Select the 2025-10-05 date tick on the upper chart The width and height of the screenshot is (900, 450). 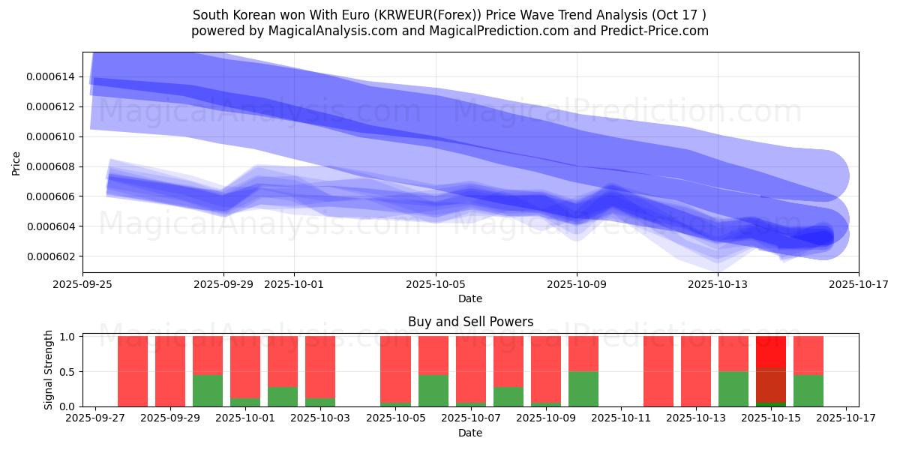(436, 285)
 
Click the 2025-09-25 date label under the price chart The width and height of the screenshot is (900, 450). (82, 285)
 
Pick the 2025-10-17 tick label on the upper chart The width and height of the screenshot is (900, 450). (859, 285)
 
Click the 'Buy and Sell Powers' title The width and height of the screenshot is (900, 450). (470, 322)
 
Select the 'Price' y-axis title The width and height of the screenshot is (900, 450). (16, 162)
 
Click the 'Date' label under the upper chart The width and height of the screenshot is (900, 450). (470, 298)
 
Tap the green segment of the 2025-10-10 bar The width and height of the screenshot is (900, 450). (583, 388)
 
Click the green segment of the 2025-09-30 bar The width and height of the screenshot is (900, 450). (208, 390)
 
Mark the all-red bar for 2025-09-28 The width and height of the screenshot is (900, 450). (133, 371)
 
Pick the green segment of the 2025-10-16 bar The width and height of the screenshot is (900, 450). (808, 390)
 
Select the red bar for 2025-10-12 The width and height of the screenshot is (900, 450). (658, 371)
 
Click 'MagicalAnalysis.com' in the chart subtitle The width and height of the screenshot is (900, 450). (310, 31)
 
